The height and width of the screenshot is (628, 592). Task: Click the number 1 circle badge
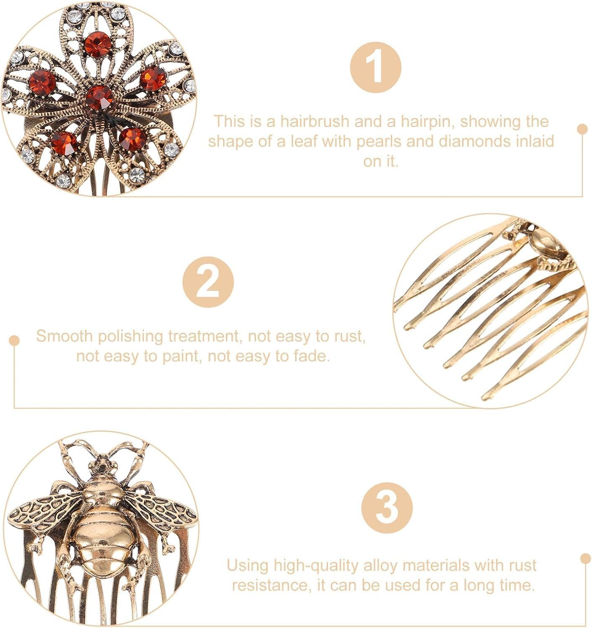[x=376, y=67]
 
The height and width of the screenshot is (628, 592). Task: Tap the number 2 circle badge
[x=208, y=282]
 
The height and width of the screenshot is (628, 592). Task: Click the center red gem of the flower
[x=100, y=98]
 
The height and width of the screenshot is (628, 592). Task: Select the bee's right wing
[x=161, y=511]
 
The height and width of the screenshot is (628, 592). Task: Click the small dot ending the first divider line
[x=582, y=129]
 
